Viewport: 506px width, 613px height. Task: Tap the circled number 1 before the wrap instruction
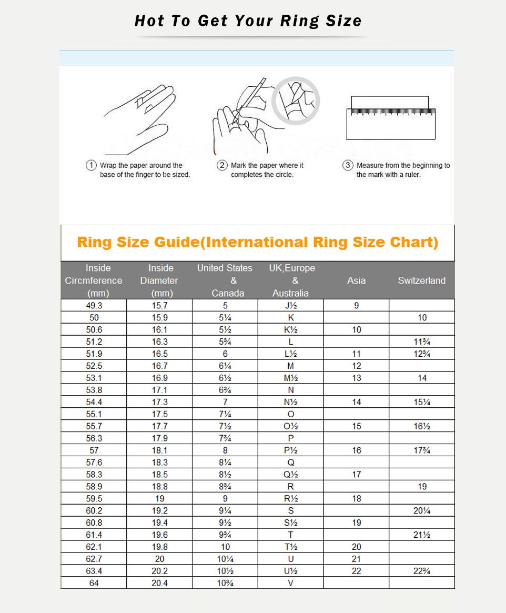91,165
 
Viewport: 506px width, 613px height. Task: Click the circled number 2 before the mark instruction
222,165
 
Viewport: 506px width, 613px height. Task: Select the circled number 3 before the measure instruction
348,165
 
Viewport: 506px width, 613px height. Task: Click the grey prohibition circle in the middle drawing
296,100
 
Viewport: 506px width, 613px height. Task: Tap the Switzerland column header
421,280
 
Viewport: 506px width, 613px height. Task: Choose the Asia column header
356,280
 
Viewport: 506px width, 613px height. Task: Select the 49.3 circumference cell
94,305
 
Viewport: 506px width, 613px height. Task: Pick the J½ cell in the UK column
290,305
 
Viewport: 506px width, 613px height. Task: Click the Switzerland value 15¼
422,402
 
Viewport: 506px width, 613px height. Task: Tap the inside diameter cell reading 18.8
159,487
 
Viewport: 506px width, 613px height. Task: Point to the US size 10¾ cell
225,583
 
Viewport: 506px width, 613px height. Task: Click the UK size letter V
290,583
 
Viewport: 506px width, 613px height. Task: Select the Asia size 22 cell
356,571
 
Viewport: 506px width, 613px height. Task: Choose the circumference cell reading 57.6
94,463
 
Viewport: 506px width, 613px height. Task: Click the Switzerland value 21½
422,535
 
